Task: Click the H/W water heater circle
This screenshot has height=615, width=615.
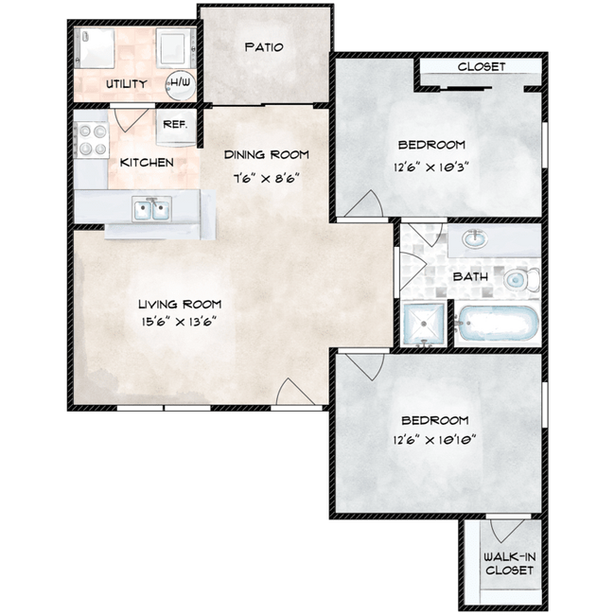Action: [180, 85]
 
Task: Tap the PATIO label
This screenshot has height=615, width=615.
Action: [264, 47]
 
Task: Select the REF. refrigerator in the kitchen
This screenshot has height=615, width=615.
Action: [175, 127]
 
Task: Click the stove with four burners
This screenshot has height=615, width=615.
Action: [92, 140]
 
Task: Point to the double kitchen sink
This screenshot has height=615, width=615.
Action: [151, 209]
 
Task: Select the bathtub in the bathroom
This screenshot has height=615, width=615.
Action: [498, 324]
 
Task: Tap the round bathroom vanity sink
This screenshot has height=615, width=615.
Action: [475, 238]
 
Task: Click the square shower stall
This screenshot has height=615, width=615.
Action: [424, 324]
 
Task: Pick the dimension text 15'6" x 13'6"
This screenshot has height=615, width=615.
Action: [179, 322]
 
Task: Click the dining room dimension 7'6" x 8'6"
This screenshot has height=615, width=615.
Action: [267, 179]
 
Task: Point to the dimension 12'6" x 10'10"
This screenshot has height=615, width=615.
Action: [434, 440]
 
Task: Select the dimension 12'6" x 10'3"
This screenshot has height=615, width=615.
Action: [431, 167]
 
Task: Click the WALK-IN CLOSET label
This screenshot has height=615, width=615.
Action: [509, 563]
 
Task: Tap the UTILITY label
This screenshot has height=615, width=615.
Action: [126, 84]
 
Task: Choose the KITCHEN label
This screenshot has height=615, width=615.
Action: [147, 163]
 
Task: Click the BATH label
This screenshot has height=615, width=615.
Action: [470, 277]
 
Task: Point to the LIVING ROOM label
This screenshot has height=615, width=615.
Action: [180, 304]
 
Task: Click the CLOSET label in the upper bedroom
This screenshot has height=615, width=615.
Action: [482, 66]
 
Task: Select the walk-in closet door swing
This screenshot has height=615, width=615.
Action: [507, 531]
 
